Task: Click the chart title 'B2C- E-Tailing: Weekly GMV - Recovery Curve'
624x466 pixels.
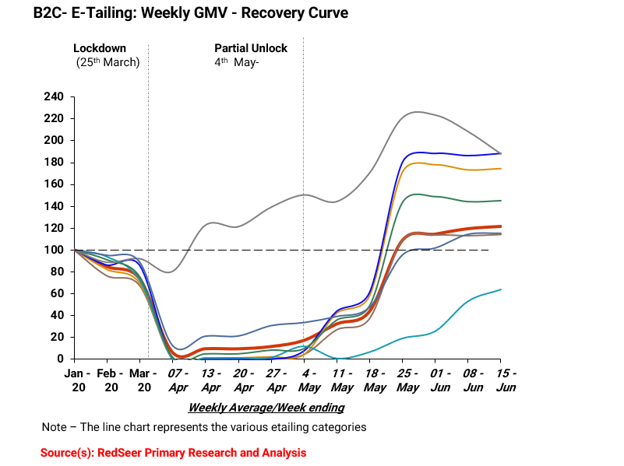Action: pyautogui.click(x=191, y=12)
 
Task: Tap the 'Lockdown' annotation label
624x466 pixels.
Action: pyautogui.click(x=100, y=48)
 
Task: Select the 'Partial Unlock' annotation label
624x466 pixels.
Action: pyautogui.click(x=251, y=48)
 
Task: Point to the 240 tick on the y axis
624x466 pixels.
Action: pyautogui.click(x=54, y=96)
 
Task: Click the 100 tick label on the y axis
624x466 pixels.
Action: pyautogui.click(x=54, y=250)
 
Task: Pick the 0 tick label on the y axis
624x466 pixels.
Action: pyautogui.click(x=60, y=359)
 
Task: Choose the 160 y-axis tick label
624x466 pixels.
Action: pyautogui.click(x=54, y=184)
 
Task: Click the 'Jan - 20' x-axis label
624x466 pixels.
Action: pyautogui.click(x=78, y=380)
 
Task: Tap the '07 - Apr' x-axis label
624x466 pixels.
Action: pyautogui.click(x=178, y=380)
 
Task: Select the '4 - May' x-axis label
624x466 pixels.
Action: pyautogui.click(x=309, y=380)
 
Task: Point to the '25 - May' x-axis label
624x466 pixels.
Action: pyautogui.click(x=407, y=380)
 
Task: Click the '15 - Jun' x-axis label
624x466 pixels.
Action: pyautogui.click(x=506, y=380)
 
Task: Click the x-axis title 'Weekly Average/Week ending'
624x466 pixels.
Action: pyautogui.click(x=266, y=408)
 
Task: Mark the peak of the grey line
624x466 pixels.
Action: pyautogui.click(x=416, y=112)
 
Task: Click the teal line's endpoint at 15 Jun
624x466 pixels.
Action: pyautogui.click(x=501, y=289)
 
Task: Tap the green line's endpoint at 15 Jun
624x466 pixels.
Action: pyautogui.click(x=501, y=201)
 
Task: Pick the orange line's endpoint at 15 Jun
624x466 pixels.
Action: pyautogui.click(x=501, y=169)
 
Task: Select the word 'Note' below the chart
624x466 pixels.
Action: pyautogui.click(x=54, y=427)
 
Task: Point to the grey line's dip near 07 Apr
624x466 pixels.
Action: pyautogui.click(x=169, y=272)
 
